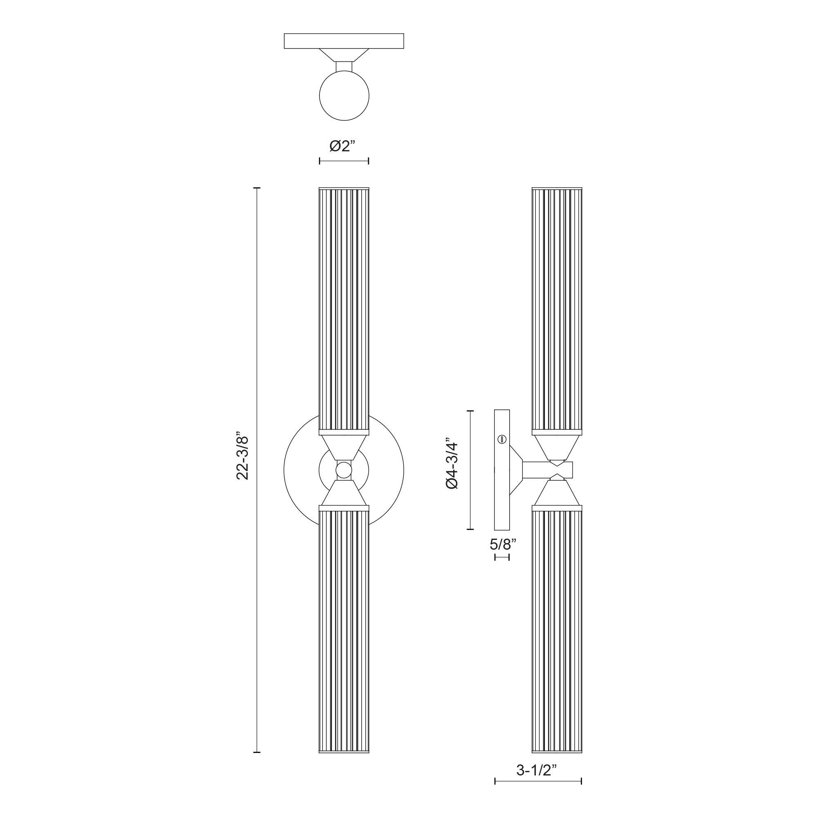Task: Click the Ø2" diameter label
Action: click(342, 146)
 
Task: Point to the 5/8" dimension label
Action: click(503, 544)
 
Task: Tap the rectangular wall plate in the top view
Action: click(344, 41)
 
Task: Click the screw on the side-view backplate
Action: click(502, 439)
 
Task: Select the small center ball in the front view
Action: click(344, 470)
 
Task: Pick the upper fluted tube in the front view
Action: click(344, 311)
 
